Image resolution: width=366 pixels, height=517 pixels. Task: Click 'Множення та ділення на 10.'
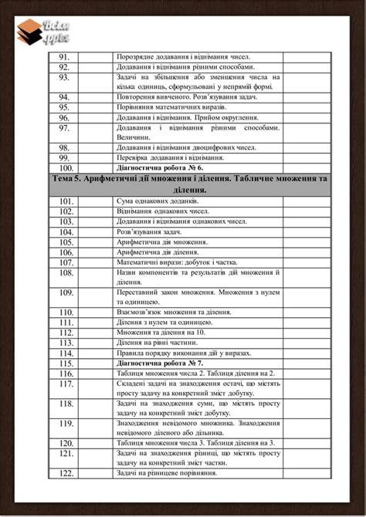[162, 332]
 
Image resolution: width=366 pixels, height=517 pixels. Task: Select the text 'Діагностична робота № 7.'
[160, 362]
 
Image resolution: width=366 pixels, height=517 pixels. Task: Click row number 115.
[66, 362]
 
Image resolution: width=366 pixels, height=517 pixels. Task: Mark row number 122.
[66, 472]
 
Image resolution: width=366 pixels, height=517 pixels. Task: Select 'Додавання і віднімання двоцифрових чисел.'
[183, 147]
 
